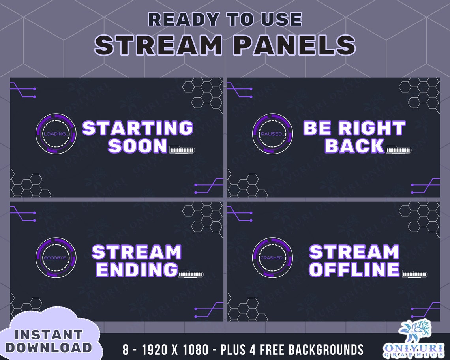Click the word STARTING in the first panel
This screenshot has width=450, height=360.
[x=137, y=128]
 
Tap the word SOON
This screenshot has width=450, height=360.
[x=138, y=146]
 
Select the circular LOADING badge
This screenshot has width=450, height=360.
[x=56, y=134]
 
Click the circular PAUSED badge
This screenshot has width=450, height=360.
[x=272, y=134]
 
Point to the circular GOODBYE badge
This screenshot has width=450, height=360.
[x=56, y=257]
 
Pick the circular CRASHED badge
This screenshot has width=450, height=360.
[x=272, y=257]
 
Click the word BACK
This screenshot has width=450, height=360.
[x=354, y=146]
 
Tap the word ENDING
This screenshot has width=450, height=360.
[x=137, y=270]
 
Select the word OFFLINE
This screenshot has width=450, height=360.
[x=354, y=270]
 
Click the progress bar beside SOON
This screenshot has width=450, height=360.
[x=182, y=150]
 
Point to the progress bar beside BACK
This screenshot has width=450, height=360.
[x=399, y=150]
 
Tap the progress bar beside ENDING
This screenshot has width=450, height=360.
[x=191, y=274]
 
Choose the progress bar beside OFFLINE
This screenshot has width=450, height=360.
[x=415, y=274]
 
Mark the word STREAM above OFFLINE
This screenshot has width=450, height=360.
[x=354, y=252]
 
